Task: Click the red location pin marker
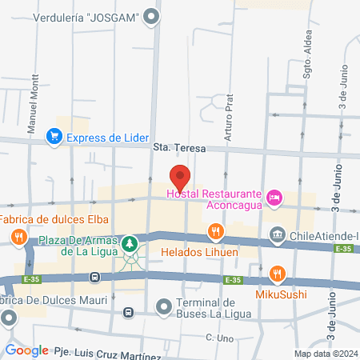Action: [180, 177]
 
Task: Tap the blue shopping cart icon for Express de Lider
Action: [54, 137]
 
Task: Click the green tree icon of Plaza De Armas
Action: [129, 242]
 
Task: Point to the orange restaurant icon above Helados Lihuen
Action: [214, 233]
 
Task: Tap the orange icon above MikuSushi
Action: [277, 274]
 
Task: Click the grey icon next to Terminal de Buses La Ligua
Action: [163, 306]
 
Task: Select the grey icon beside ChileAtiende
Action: [278, 235]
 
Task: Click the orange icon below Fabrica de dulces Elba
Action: [18, 236]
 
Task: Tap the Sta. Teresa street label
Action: [179, 149]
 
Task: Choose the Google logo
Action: [26, 350]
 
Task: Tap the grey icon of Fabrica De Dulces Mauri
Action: [9, 318]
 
